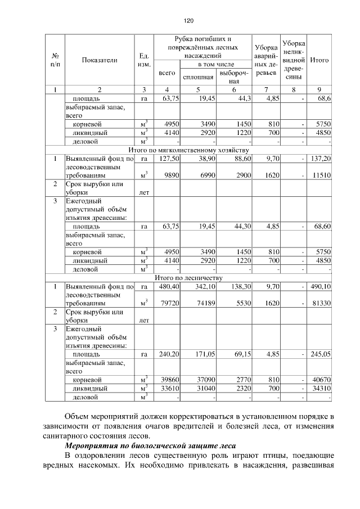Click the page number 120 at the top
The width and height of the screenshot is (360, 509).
[x=188, y=21]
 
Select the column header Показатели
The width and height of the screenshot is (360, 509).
[x=99, y=60]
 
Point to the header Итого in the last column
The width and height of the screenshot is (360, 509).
[x=319, y=60]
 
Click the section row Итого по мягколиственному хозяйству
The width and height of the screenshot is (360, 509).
[x=188, y=151]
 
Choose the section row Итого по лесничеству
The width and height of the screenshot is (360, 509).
[x=188, y=277]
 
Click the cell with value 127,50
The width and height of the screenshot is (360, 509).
[x=169, y=159]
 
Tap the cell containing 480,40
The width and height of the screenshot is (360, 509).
[x=169, y=286]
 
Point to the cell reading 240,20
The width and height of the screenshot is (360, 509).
[x=169, y=354]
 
